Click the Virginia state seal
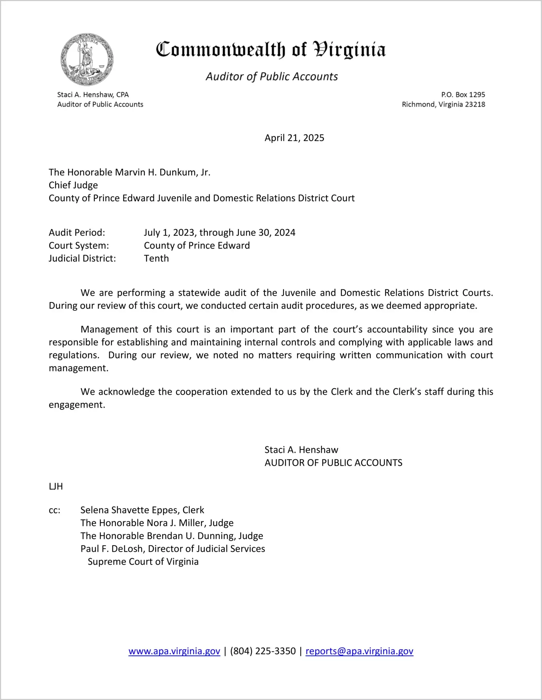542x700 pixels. pos(87,59)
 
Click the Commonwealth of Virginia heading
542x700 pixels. pos(271,50)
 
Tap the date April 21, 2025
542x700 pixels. pos(294,138)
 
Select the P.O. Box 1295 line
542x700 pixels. pos(463,95)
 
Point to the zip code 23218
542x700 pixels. pos(475,105)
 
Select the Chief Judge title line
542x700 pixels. pos(73,185)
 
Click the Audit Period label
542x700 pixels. pos(77,233)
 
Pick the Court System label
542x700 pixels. pos(79,246)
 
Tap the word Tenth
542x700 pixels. pos(156,258)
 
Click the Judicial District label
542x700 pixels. pos(82,258)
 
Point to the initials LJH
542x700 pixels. pos(56,486)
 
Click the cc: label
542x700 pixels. pos(54,510)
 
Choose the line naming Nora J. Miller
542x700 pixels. pos(157,523)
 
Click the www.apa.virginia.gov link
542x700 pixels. pos(174,651)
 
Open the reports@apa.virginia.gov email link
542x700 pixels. pos(359,651)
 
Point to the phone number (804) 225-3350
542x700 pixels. pos(263,651)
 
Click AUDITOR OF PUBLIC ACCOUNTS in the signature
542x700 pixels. pos(333,463)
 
